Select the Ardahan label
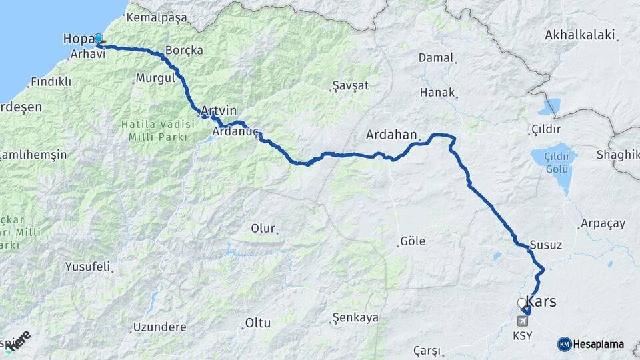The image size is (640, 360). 391,135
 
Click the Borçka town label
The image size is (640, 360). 184,51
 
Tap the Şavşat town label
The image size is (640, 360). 350,86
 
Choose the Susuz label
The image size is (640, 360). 546,245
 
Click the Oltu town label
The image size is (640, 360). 257,323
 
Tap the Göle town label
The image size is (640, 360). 413,241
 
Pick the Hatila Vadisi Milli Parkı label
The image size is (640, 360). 153,129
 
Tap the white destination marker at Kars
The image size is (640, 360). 521,303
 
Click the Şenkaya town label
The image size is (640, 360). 356,318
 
